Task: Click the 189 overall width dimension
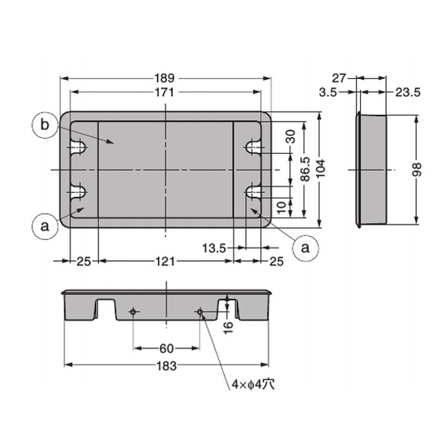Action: (164, 78)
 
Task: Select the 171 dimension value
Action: (164, 92)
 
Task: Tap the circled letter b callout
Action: (45, 125)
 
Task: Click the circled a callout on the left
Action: (45, 226)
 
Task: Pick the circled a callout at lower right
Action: (306, 248)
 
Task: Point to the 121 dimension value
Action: (165, 261)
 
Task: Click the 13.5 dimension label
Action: (214, 248)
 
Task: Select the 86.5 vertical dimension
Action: (305, 169)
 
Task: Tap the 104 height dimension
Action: (321, 169)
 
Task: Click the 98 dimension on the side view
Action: (418, 169)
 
